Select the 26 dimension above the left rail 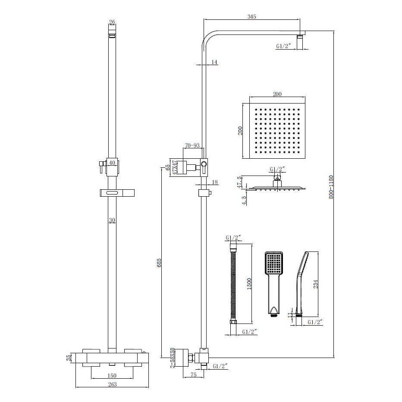(112, 22)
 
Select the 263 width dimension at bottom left (112, 384)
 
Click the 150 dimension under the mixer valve (112, 375)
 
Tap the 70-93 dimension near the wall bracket (192, 146)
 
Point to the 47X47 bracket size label (175, 167)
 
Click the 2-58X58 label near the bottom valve (172, 358)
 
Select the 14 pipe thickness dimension (214, 63)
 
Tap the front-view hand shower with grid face (273, 283)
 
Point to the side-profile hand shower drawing (301, 285)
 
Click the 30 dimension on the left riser (112, 220)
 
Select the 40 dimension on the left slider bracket (112, 163)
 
